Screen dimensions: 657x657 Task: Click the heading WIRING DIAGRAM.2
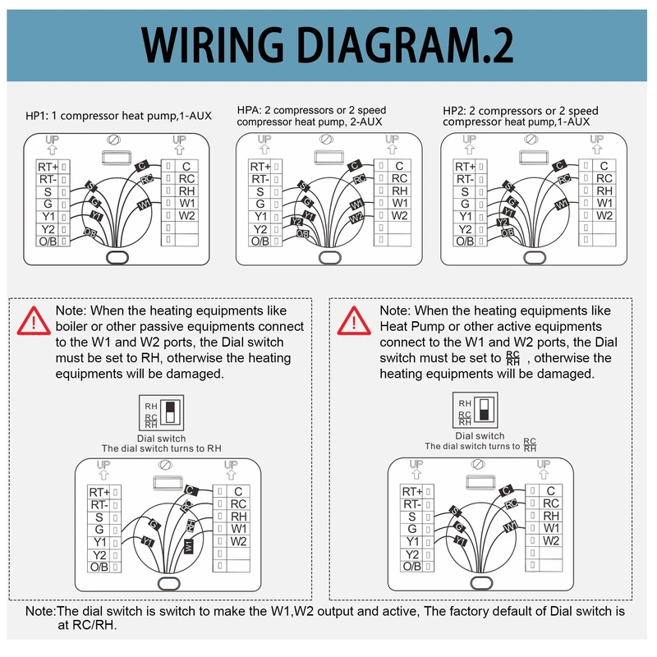tap(328, 45)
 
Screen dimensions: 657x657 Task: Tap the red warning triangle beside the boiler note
tap(34, 319)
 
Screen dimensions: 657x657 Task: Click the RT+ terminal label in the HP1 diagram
tap(48, 167)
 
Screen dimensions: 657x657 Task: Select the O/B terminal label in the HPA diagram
tap(260, 241)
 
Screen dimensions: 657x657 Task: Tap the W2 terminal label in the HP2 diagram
tap(604, 215)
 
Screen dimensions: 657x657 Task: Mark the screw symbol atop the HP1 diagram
tap(115, 140)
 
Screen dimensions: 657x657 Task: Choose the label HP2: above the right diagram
tap(455, 111)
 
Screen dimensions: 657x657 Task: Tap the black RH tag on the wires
tap(190, 525)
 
